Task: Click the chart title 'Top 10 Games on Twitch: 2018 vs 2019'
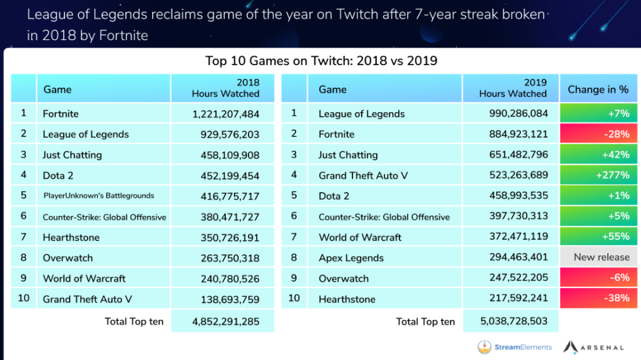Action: click(321, 61)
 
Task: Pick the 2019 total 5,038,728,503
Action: click(510, 322)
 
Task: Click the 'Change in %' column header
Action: click(598, 89)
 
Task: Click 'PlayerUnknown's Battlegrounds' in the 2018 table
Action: click(99, 196)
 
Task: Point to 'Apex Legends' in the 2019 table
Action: click(351, 258)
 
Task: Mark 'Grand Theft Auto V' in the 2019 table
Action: click(363, 175)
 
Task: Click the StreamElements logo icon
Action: click(484, 347)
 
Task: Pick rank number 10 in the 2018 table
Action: click(24, 299)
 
